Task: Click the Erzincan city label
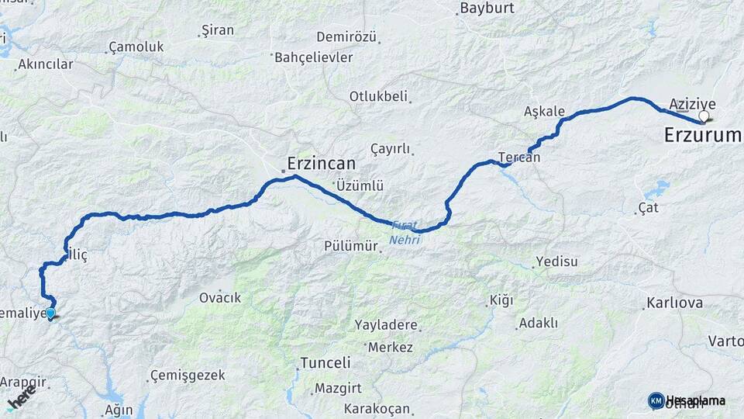[x=321, y=164]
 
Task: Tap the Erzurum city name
[x=702, y=135]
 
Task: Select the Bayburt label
[x=487, y=9]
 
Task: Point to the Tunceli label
[x=325, y=362]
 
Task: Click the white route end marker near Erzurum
[x=704, y=117]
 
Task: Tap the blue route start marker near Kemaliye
[x=50, y=313]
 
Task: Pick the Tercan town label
[x=519, y=157]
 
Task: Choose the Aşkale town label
[x=544, y=111]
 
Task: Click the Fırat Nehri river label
[x=404, y=232]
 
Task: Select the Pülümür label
[x=351, y=246]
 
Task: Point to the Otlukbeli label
[x=378, y=96]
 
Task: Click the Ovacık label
[x=220, y=297]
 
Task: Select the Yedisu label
[x=557, y=261]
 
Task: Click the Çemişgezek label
[x=188, y=375]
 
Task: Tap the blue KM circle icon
[x=656, y=400]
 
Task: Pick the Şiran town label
[x=217, y=31]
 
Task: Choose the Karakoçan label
[x=376, y=408]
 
